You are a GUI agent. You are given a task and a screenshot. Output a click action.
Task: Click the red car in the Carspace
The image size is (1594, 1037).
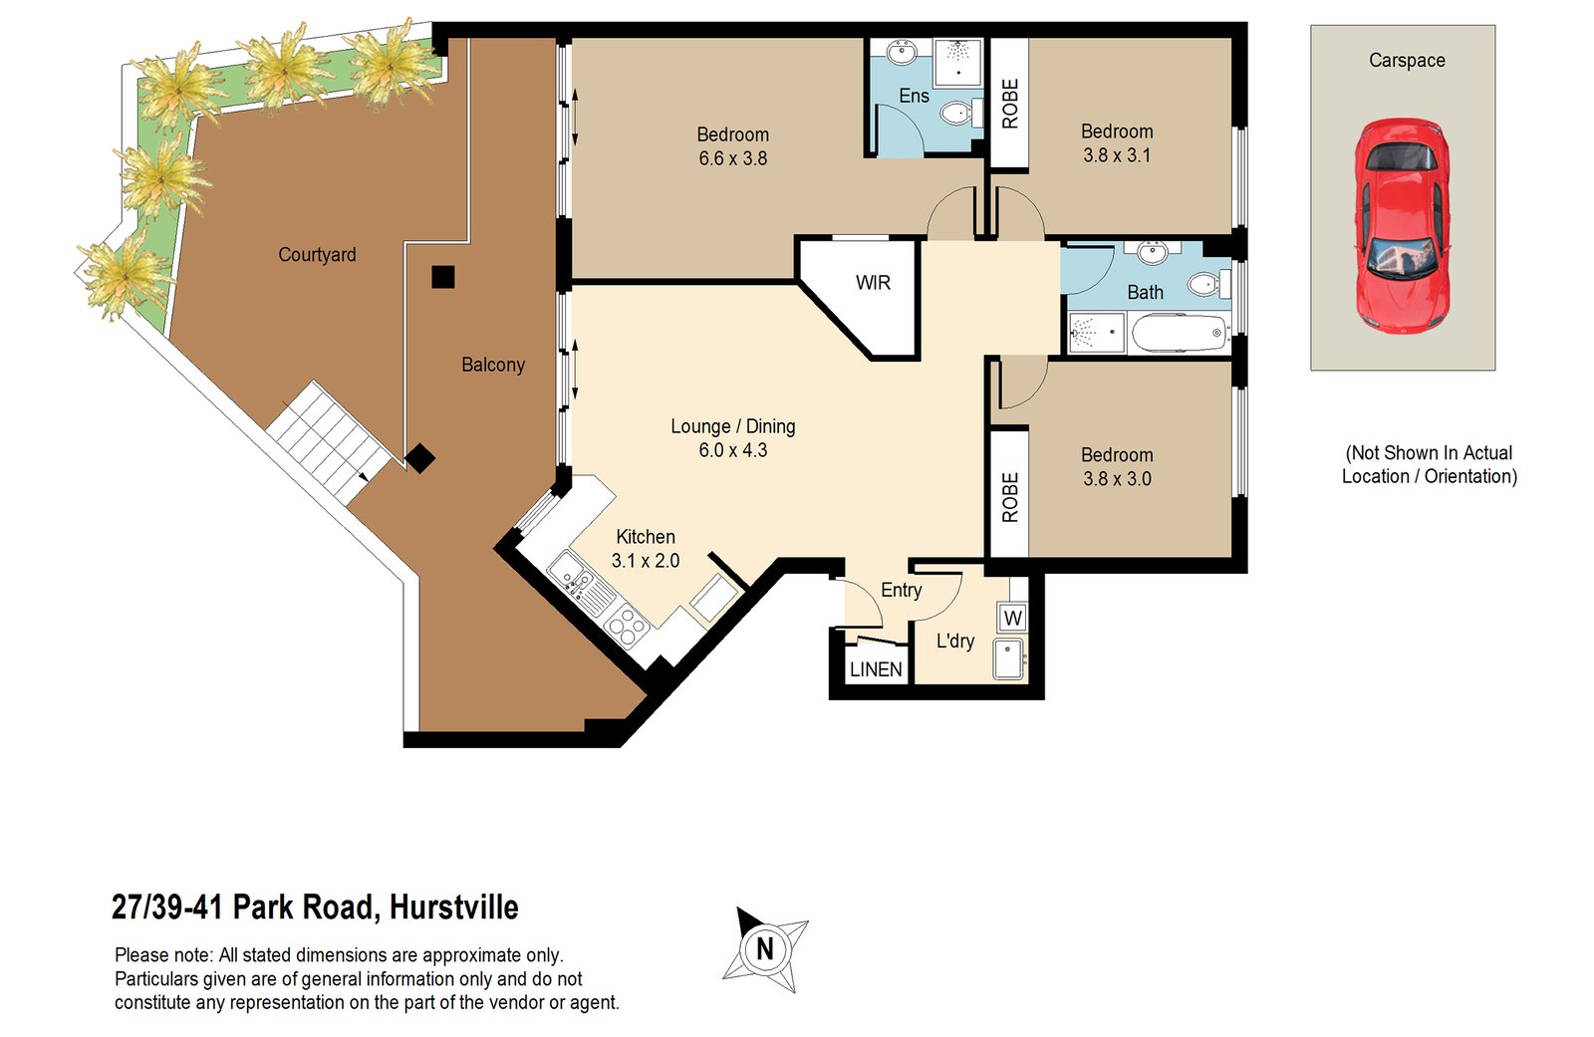[x=1401, y=226]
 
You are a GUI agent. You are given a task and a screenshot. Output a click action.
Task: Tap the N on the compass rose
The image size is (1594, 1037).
[x=765, y=948]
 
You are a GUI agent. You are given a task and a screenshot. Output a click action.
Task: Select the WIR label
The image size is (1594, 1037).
[x=873, y=283]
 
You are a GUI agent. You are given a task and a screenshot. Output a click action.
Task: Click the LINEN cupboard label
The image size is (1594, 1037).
[x=876, y=669]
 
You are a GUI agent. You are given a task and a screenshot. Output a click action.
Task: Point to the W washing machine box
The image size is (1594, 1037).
[x=1013, y=618]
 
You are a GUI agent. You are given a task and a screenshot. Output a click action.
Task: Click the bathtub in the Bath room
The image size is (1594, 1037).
[x=1179, y=333]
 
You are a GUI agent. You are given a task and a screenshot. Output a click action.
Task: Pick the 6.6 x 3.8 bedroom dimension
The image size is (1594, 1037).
[x=733, y=158]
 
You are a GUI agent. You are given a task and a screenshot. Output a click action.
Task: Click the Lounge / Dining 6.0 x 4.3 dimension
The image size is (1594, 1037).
[x=733, y=450]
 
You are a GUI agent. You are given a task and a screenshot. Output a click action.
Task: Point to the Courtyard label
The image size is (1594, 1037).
[x=317, y=255]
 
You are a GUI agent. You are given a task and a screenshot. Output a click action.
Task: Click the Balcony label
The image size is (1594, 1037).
[x=493, y=365]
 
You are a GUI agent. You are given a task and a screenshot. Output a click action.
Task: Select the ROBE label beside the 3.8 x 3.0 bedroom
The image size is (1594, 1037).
[x=1010, y=497]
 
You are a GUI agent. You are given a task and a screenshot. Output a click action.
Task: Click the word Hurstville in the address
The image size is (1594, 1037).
[x=453, y=907]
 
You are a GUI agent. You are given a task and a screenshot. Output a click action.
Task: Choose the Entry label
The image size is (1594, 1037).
[x=902, y=590]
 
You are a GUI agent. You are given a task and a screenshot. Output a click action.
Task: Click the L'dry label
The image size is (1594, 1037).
[x=955, y=641]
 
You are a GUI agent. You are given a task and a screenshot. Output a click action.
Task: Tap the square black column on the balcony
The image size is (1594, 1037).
[x=443, y=277]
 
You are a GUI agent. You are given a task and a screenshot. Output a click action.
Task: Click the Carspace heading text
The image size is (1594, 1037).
[x=1407, y=60]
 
